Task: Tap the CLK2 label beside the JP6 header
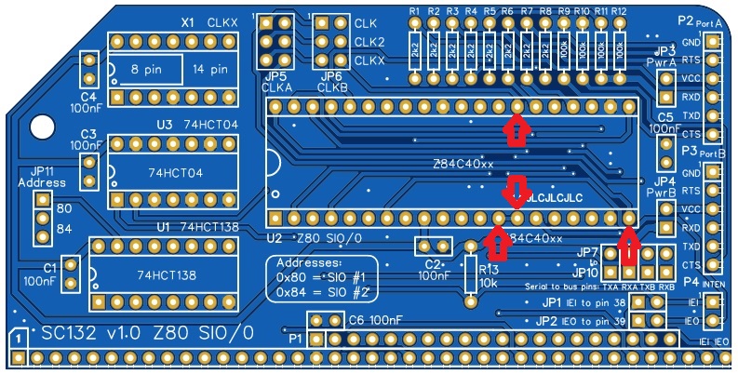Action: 369,42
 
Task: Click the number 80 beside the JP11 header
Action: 65,208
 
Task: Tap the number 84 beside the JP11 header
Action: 65,228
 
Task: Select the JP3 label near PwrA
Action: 664,50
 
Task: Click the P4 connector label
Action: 690,281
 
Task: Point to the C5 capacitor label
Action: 664,117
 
